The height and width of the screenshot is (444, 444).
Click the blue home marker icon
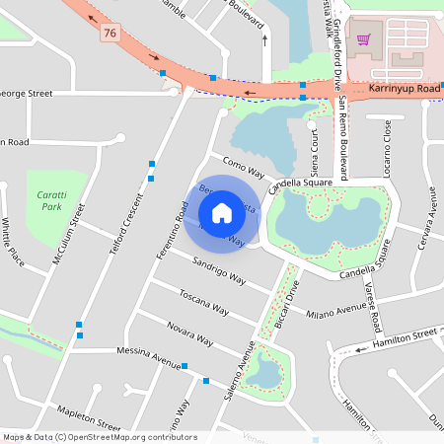(222, 212)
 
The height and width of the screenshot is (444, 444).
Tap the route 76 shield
(110, 34)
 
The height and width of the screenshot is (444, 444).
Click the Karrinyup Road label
(405, 89)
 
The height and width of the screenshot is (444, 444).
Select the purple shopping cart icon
(363, 40)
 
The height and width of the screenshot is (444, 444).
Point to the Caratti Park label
(44, 202)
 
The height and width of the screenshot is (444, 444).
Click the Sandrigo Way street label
(219, 272)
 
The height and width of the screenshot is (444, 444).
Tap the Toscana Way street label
(203, 302)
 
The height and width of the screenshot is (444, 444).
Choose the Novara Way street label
(189, 333)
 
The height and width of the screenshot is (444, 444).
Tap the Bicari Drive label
(284, 308)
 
